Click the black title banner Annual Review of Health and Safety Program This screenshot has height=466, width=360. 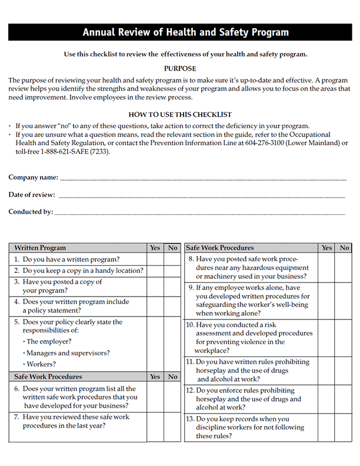180,32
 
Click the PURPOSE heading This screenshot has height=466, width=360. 180,69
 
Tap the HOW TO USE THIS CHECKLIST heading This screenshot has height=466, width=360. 180,115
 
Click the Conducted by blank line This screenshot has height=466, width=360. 200,212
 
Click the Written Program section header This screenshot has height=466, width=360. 40,248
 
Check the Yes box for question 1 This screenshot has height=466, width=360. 155,259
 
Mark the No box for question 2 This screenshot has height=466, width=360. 172,271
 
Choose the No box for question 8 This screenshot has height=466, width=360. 344,268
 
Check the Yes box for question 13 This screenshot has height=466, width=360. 327,428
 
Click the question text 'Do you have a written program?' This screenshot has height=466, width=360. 71,259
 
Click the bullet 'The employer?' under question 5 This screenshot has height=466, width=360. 48,341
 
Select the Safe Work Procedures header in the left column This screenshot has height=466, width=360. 48,377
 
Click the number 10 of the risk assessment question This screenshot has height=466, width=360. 190,325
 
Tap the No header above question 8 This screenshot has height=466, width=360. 344,248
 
